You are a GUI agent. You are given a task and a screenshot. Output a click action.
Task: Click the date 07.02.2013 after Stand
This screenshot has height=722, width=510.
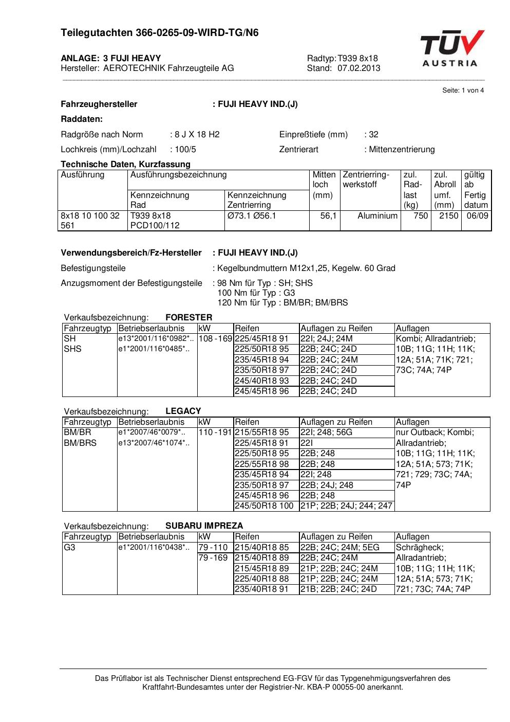[358, 68]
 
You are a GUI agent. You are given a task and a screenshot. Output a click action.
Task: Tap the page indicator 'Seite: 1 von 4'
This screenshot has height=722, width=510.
[463, 91]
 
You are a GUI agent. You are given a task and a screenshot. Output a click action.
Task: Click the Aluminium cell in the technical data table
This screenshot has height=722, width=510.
[377, 216]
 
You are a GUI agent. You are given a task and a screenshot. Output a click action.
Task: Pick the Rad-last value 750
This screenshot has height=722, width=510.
[421, 216]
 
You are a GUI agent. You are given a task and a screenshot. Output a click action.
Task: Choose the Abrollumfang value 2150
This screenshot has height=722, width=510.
[448, 216]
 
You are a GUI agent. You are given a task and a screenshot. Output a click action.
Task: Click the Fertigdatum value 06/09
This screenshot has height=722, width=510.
[477, 216]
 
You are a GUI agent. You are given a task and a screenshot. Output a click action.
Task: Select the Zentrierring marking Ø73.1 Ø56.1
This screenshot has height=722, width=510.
[252, 216]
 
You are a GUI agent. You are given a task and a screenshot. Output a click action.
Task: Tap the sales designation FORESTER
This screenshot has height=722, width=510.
[188, 317]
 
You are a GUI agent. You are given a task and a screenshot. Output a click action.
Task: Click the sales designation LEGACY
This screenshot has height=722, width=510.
[183, 411]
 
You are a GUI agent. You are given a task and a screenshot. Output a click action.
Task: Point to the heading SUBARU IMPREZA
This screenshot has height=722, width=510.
[204, 526]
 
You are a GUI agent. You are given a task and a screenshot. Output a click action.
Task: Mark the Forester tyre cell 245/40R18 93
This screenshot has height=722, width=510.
[261, 381]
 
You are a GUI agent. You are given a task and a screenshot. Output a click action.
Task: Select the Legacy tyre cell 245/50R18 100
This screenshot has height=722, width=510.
[264, 506]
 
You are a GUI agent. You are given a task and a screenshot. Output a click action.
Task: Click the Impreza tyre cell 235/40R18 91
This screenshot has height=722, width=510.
[261, 589]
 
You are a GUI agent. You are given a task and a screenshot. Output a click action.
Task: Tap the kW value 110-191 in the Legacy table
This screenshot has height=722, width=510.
[215, 432]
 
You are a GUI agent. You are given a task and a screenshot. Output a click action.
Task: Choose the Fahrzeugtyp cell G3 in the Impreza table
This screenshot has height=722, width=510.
[69, 547]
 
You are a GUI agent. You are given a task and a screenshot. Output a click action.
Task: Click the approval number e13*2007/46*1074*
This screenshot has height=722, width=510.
[154, 443]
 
